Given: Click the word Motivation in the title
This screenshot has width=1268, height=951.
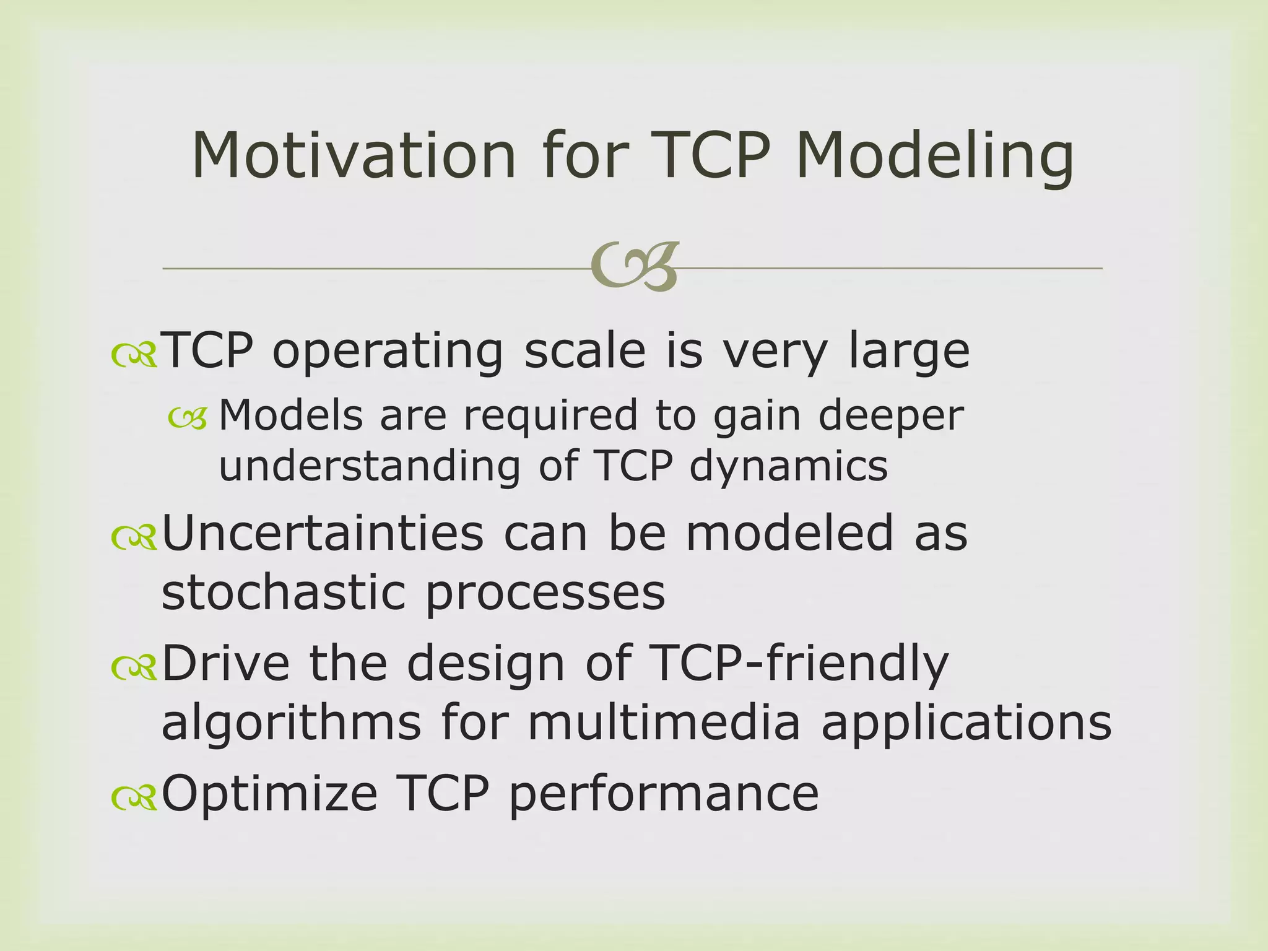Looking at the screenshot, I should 353,156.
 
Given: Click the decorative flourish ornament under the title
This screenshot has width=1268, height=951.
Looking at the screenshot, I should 635,267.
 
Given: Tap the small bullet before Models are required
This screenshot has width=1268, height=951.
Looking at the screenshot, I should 187,419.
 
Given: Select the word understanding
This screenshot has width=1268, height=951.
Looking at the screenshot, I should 370,466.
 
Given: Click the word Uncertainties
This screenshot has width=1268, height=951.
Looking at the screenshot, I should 322,533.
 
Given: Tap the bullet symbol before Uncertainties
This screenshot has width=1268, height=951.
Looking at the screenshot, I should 134,537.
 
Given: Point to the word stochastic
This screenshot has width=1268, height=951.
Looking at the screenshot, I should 282,592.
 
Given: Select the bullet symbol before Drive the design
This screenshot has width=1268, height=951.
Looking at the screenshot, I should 134,667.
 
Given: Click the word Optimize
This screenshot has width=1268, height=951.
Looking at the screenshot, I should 269,795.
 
